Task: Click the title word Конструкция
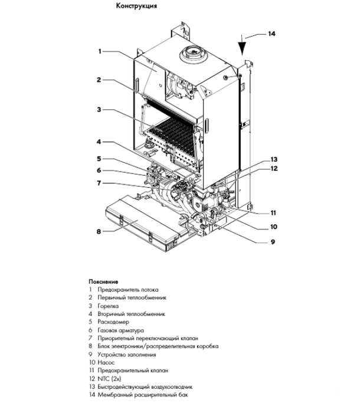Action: coord(136,6)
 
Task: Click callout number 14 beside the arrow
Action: coord(271,34)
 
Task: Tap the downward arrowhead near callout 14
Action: coord(243,54)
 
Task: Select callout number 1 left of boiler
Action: coord(101,51)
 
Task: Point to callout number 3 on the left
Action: coord(100,110)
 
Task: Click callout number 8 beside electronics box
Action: coord(100,231)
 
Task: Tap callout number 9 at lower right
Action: coord(273,241)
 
